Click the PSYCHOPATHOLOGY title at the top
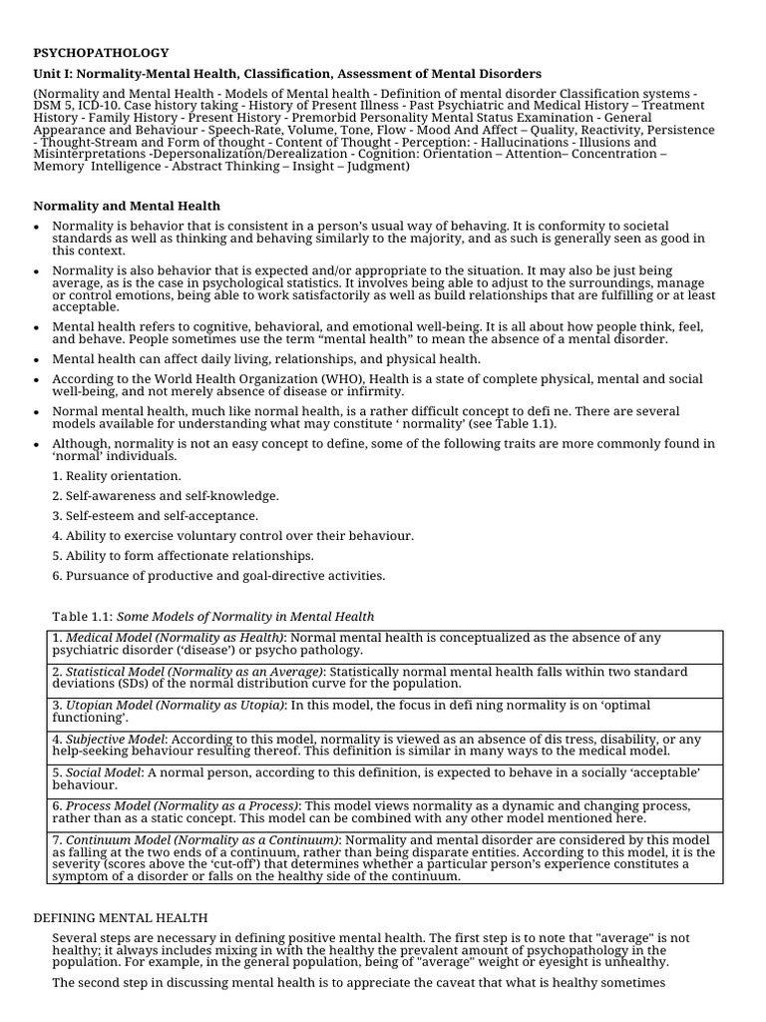[102, 53]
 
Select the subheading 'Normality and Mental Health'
[128, 206]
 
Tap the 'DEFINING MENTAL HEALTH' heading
[121, 917]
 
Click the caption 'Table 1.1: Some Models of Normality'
[212, 616]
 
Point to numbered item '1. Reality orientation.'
[117, 476]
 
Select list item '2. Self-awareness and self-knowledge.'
[166, 496]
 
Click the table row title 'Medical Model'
[108, 638]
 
